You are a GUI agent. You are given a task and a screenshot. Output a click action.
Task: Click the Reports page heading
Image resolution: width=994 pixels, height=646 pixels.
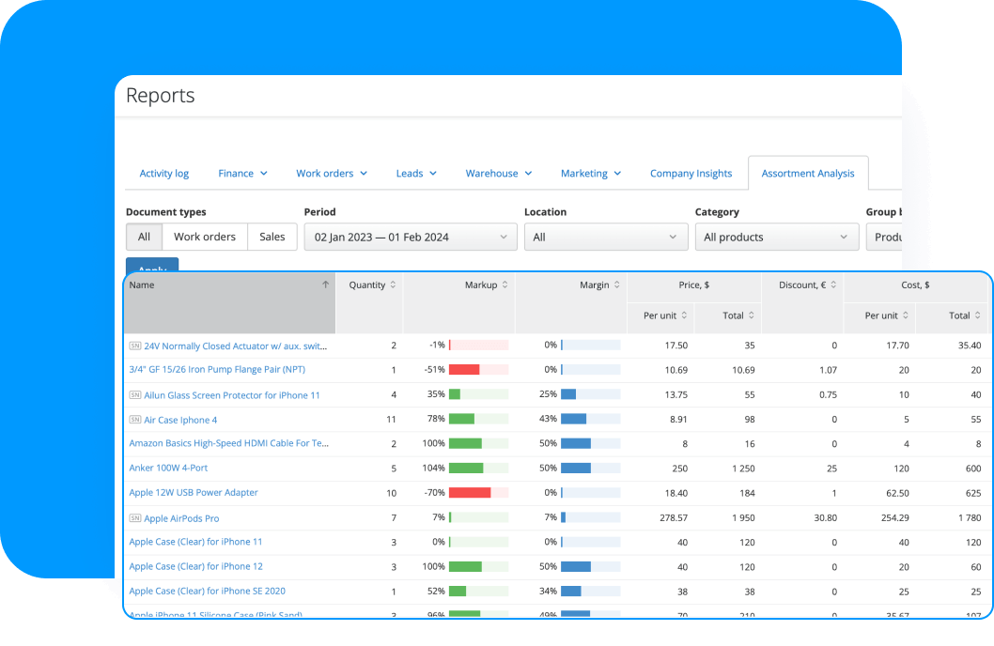161,96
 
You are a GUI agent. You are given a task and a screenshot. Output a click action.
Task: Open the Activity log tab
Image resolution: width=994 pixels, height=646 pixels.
164,174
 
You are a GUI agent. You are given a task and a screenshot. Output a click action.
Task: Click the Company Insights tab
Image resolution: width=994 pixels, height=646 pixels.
691,174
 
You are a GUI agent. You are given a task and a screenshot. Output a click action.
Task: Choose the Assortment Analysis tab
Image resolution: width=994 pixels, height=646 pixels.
808,174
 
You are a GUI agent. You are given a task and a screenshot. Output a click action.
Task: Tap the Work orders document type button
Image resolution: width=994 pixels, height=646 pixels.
205,238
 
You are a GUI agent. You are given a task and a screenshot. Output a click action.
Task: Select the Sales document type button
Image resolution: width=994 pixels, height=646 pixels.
272,238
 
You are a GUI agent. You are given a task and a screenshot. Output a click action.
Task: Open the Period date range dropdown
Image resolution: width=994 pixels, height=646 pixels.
410,238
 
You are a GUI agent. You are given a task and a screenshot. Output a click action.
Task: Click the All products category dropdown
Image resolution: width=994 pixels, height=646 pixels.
776,238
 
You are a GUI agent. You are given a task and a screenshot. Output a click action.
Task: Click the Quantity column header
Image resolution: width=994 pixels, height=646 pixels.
367,285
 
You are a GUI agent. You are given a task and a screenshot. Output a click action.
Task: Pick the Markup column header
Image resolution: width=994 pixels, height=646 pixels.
481,285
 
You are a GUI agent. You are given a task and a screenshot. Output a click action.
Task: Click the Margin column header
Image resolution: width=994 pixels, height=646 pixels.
595,285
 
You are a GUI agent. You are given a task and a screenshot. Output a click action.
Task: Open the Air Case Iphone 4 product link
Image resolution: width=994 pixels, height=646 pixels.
180,420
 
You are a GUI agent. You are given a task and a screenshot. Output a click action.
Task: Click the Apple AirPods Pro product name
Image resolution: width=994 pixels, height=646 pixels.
181,518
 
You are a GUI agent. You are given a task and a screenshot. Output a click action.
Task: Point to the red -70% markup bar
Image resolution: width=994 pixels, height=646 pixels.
470,493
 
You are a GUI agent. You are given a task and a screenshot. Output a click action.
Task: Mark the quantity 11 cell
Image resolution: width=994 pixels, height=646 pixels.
391,420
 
